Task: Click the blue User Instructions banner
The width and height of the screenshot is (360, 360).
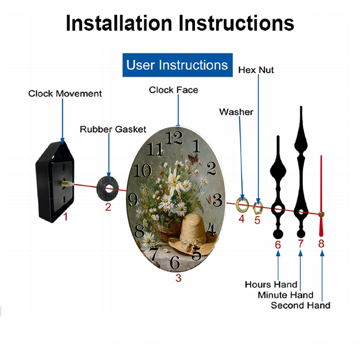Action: click(177, 65)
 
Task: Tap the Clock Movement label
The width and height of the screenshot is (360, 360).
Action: click(65, 94)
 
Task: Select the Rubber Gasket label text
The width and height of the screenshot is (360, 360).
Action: click(113, 129)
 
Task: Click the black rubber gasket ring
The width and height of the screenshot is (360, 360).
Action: click(108, 190)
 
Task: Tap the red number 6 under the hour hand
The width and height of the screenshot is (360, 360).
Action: click(278, 244)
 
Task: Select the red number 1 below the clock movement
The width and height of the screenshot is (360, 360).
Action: click(65, 217)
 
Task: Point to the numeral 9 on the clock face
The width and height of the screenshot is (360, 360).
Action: click(133, 199)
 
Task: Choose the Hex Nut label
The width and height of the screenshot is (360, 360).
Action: click(256, 70)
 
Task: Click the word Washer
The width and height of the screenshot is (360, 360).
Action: click(236, 112)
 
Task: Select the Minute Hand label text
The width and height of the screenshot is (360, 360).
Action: click(285, 295)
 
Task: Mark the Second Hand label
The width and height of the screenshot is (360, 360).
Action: click(300, 306)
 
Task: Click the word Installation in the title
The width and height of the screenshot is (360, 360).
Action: click(119, 23)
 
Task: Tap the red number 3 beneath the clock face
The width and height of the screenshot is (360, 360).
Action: click(178, 278)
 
